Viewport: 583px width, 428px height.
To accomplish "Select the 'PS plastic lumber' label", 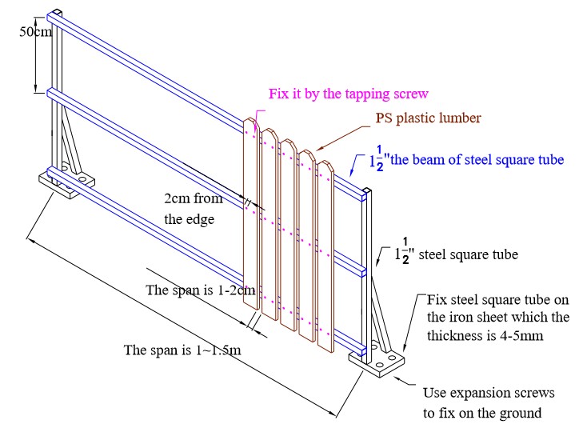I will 429,118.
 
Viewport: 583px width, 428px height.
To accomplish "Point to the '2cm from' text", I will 194,199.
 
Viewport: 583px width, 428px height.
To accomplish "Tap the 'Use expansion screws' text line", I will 488,395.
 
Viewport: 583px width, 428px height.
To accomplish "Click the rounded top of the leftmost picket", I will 251,124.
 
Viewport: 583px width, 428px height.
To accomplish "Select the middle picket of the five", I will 289,240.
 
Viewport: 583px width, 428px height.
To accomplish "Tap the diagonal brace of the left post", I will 74,144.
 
